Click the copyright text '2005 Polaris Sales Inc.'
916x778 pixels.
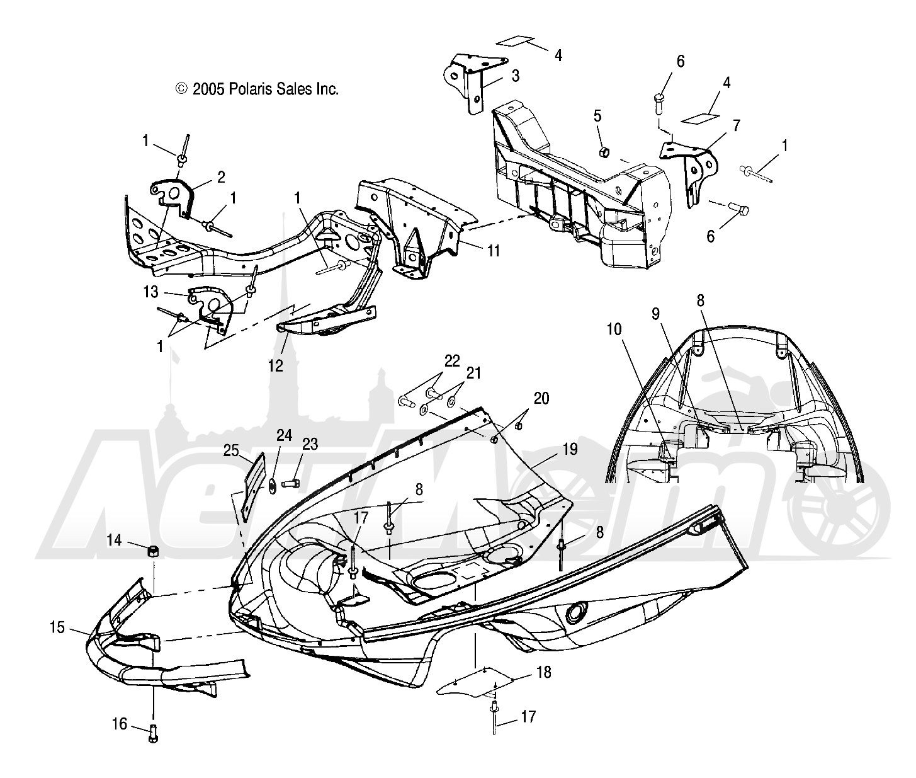257,89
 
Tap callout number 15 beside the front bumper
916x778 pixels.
58,628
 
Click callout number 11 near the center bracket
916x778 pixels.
493,251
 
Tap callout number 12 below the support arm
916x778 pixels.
276,365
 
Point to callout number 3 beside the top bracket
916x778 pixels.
515,76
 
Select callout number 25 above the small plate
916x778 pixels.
231,450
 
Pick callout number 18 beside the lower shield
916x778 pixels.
544,673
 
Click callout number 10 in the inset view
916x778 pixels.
614,328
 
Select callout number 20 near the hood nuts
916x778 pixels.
541,398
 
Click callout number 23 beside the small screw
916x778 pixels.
310,444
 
